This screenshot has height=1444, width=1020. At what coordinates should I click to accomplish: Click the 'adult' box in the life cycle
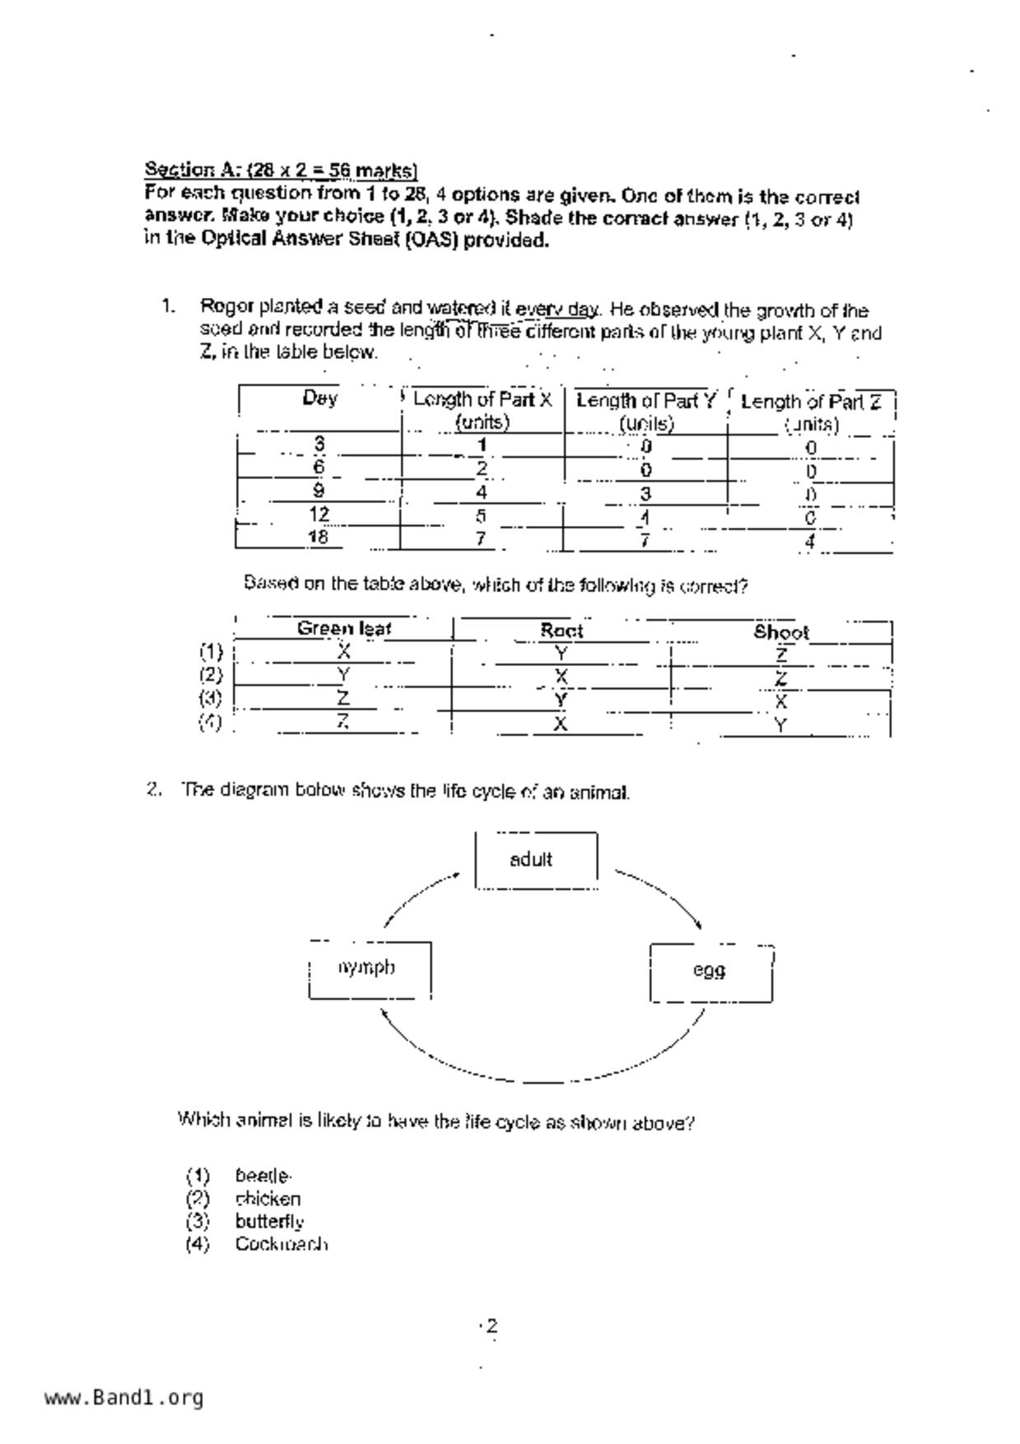point(536,860)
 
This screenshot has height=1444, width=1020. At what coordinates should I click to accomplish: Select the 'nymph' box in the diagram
point(370,969)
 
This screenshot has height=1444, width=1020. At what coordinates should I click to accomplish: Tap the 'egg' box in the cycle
point(710,971)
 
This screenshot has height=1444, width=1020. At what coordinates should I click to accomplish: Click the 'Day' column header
point(319,399)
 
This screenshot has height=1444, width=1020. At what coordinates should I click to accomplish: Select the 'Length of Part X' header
point(482,410)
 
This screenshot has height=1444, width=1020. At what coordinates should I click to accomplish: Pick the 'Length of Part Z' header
point(811,412)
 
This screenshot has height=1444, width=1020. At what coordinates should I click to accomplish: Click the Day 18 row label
point(319,538)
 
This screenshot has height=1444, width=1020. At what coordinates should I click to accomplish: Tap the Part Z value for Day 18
point(810,543)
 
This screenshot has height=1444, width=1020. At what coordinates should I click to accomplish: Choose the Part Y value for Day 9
point(646,494)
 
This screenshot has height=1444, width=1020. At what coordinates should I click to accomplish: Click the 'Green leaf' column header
point(343,629)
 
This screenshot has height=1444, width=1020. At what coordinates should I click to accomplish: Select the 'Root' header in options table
point(561,631)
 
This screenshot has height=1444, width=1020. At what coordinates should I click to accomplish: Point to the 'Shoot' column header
point(781,633)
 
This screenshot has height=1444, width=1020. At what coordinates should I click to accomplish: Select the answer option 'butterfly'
point(269,1222)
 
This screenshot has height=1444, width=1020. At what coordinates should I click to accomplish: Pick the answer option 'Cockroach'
point(282,1244)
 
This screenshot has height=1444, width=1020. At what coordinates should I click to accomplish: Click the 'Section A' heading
point(281,170)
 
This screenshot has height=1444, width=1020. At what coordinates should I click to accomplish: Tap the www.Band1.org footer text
point(123,1398)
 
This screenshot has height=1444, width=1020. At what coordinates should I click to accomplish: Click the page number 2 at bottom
point(491,1326)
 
